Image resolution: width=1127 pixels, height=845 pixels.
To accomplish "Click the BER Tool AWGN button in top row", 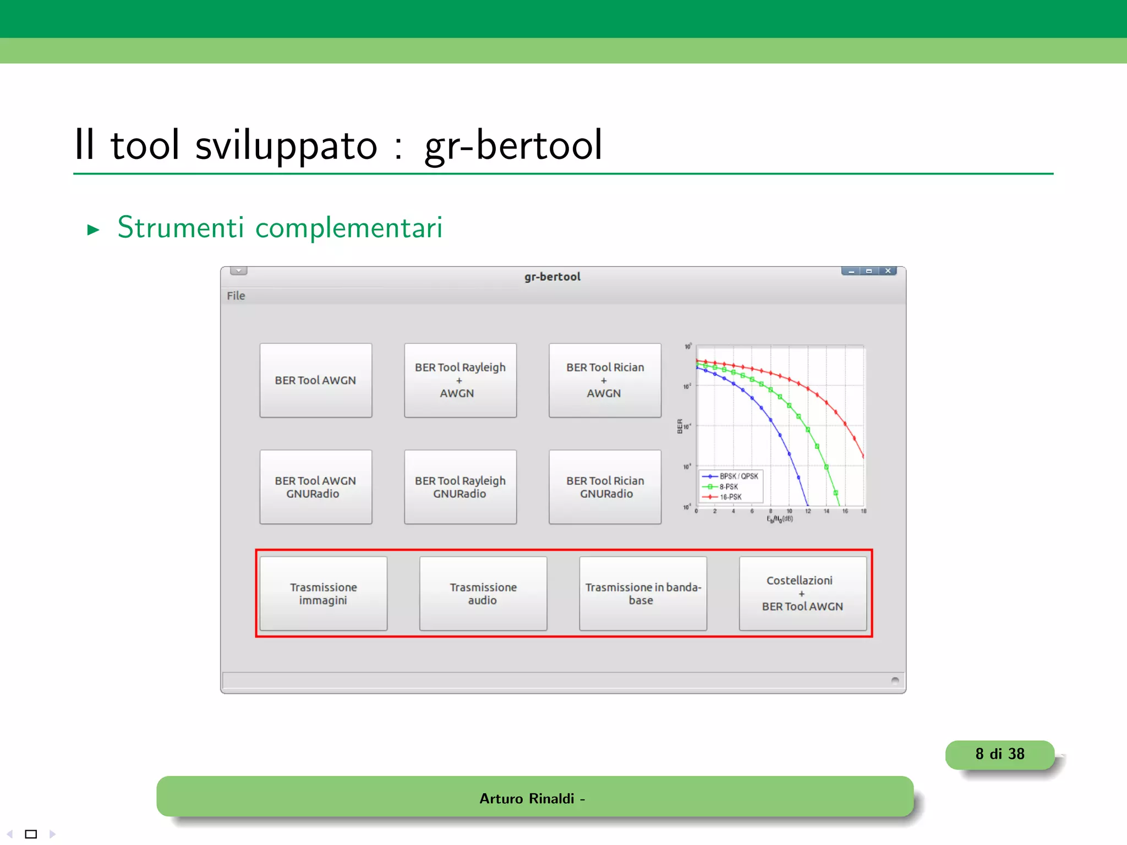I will click(x=316, y=380).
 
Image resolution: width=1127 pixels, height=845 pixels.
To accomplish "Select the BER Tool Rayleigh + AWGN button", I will click(x=460, y=380).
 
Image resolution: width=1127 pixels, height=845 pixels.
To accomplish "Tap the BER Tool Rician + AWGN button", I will click(x=605, y=380).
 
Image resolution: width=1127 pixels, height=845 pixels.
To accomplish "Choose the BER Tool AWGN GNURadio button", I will click(x=316, y=487).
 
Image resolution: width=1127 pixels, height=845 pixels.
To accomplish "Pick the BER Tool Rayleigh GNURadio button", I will click(x=460, y=487).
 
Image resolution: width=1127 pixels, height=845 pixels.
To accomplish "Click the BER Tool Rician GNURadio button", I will click(x=605, y=487).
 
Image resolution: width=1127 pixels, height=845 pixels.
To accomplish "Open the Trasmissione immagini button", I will click(x=324, y=594).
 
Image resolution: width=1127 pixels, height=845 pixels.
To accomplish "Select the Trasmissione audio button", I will click(x=483, y=594).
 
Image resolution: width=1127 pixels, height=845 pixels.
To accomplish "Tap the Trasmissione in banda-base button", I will click(x=643, y=594).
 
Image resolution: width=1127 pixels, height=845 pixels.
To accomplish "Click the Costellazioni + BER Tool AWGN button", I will click(x=803, y=594).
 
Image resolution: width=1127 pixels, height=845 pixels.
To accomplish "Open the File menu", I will click(x=236, y=296).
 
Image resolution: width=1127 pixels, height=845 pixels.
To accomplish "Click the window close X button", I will click(x=888, y=271).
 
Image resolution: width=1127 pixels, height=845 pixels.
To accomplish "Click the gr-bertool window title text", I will click(x=552, y=277).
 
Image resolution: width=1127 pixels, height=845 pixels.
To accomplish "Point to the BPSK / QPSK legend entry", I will click(x=738, y=476).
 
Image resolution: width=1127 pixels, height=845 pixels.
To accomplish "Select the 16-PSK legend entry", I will click(x=730, y=497).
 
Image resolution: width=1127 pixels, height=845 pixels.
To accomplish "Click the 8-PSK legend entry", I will click(x=729, y=487).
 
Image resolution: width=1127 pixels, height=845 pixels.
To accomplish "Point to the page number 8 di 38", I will click(x=1000, y=754).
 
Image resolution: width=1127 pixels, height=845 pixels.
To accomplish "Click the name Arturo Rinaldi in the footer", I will click(x=527, y=799).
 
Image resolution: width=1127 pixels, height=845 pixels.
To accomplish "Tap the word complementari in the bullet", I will click(x=349, y=228).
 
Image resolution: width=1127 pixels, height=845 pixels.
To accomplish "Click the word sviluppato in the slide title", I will click(x=286, y=145).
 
